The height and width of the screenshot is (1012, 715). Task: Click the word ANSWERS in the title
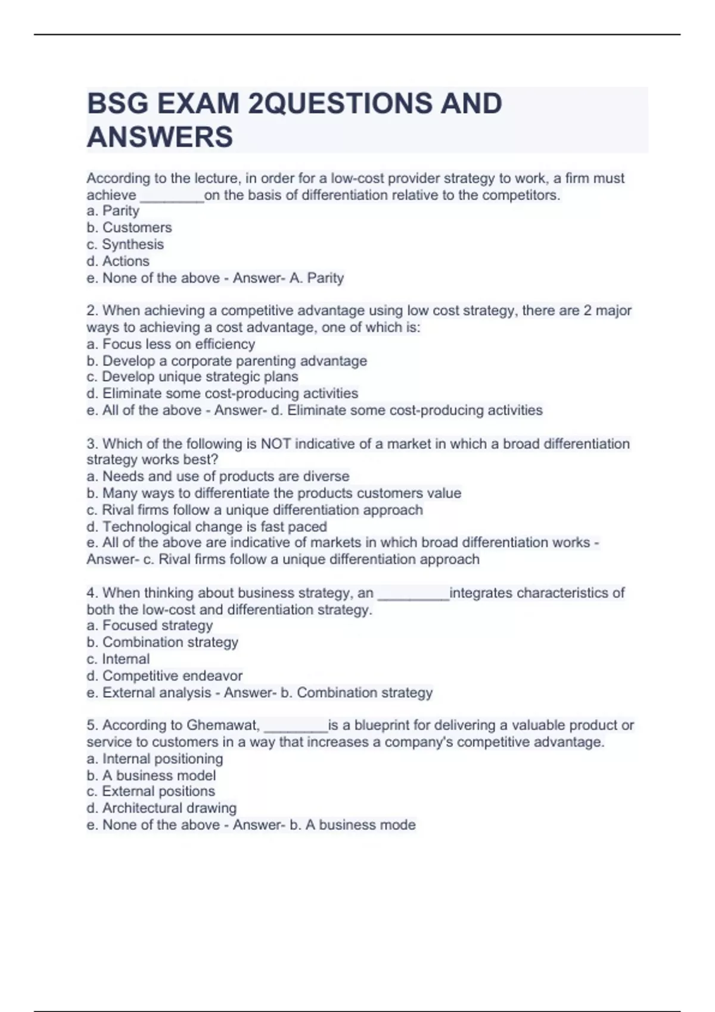pyautogui.click(x=160, y=137)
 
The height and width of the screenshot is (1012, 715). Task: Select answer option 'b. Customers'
pyautogui.click(x=129, y=227)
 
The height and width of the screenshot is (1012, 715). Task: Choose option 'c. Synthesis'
pyautogui.click(x=125, y=244)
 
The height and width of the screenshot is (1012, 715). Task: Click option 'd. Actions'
pyautogui.click(x=118, y=261)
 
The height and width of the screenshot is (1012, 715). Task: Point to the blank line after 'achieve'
pyautogui.click(x=171, y=196)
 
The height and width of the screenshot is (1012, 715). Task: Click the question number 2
pyautogui.click(x=91, y=311)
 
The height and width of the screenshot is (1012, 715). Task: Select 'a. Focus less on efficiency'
pyautogui.click(x=170, y=344)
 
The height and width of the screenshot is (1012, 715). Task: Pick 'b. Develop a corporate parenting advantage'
pyautogui.click(x=226, y=361)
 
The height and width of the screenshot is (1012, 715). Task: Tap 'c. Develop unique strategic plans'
pyautogui.click(x=192, y=377)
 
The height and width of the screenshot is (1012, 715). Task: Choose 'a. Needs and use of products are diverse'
pyautogui.click(x=217, y=476)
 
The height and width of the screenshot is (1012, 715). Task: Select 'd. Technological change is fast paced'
pyautogui.click(x=207, y=527)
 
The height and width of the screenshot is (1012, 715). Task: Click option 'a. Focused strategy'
pyautogui.click(x=150, y=625)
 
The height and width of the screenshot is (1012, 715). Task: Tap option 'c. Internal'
pyautogui.click(x=118, y=659)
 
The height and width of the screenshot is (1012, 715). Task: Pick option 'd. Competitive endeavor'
pyautogui.click(x=164, y=676)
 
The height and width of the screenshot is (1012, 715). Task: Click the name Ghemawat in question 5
pyautogui.click(x=223, y=725)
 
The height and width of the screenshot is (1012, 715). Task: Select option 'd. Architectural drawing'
pyautogui.click(x=161, y=808)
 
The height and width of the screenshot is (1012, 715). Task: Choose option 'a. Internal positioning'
pyautogui.click(x=155, y=758)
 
